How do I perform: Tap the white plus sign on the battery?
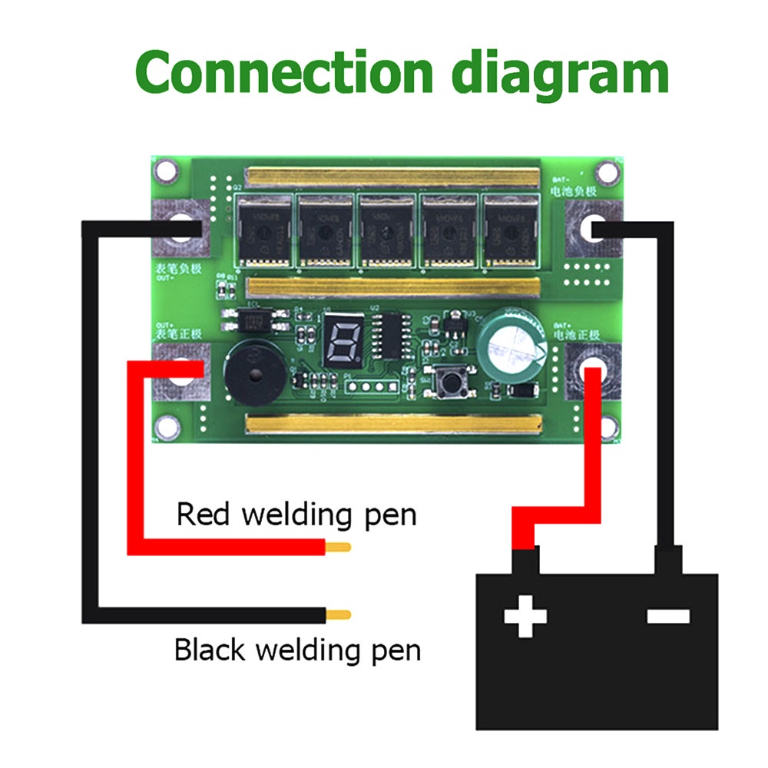tap(526, 615)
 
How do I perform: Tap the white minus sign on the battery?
tap(668, 615)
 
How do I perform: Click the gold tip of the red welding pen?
tap(339, 547)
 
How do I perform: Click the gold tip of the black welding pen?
tap(339, 614)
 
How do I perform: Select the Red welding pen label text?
tap(296, 514)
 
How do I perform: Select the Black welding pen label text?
tap(297, 650)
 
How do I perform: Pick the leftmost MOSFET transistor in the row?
tap(264, 231)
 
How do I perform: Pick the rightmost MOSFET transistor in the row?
tap(509, 231)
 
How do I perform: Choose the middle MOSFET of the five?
tap(386, 231)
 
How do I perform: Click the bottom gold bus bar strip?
tap(392, 423)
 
